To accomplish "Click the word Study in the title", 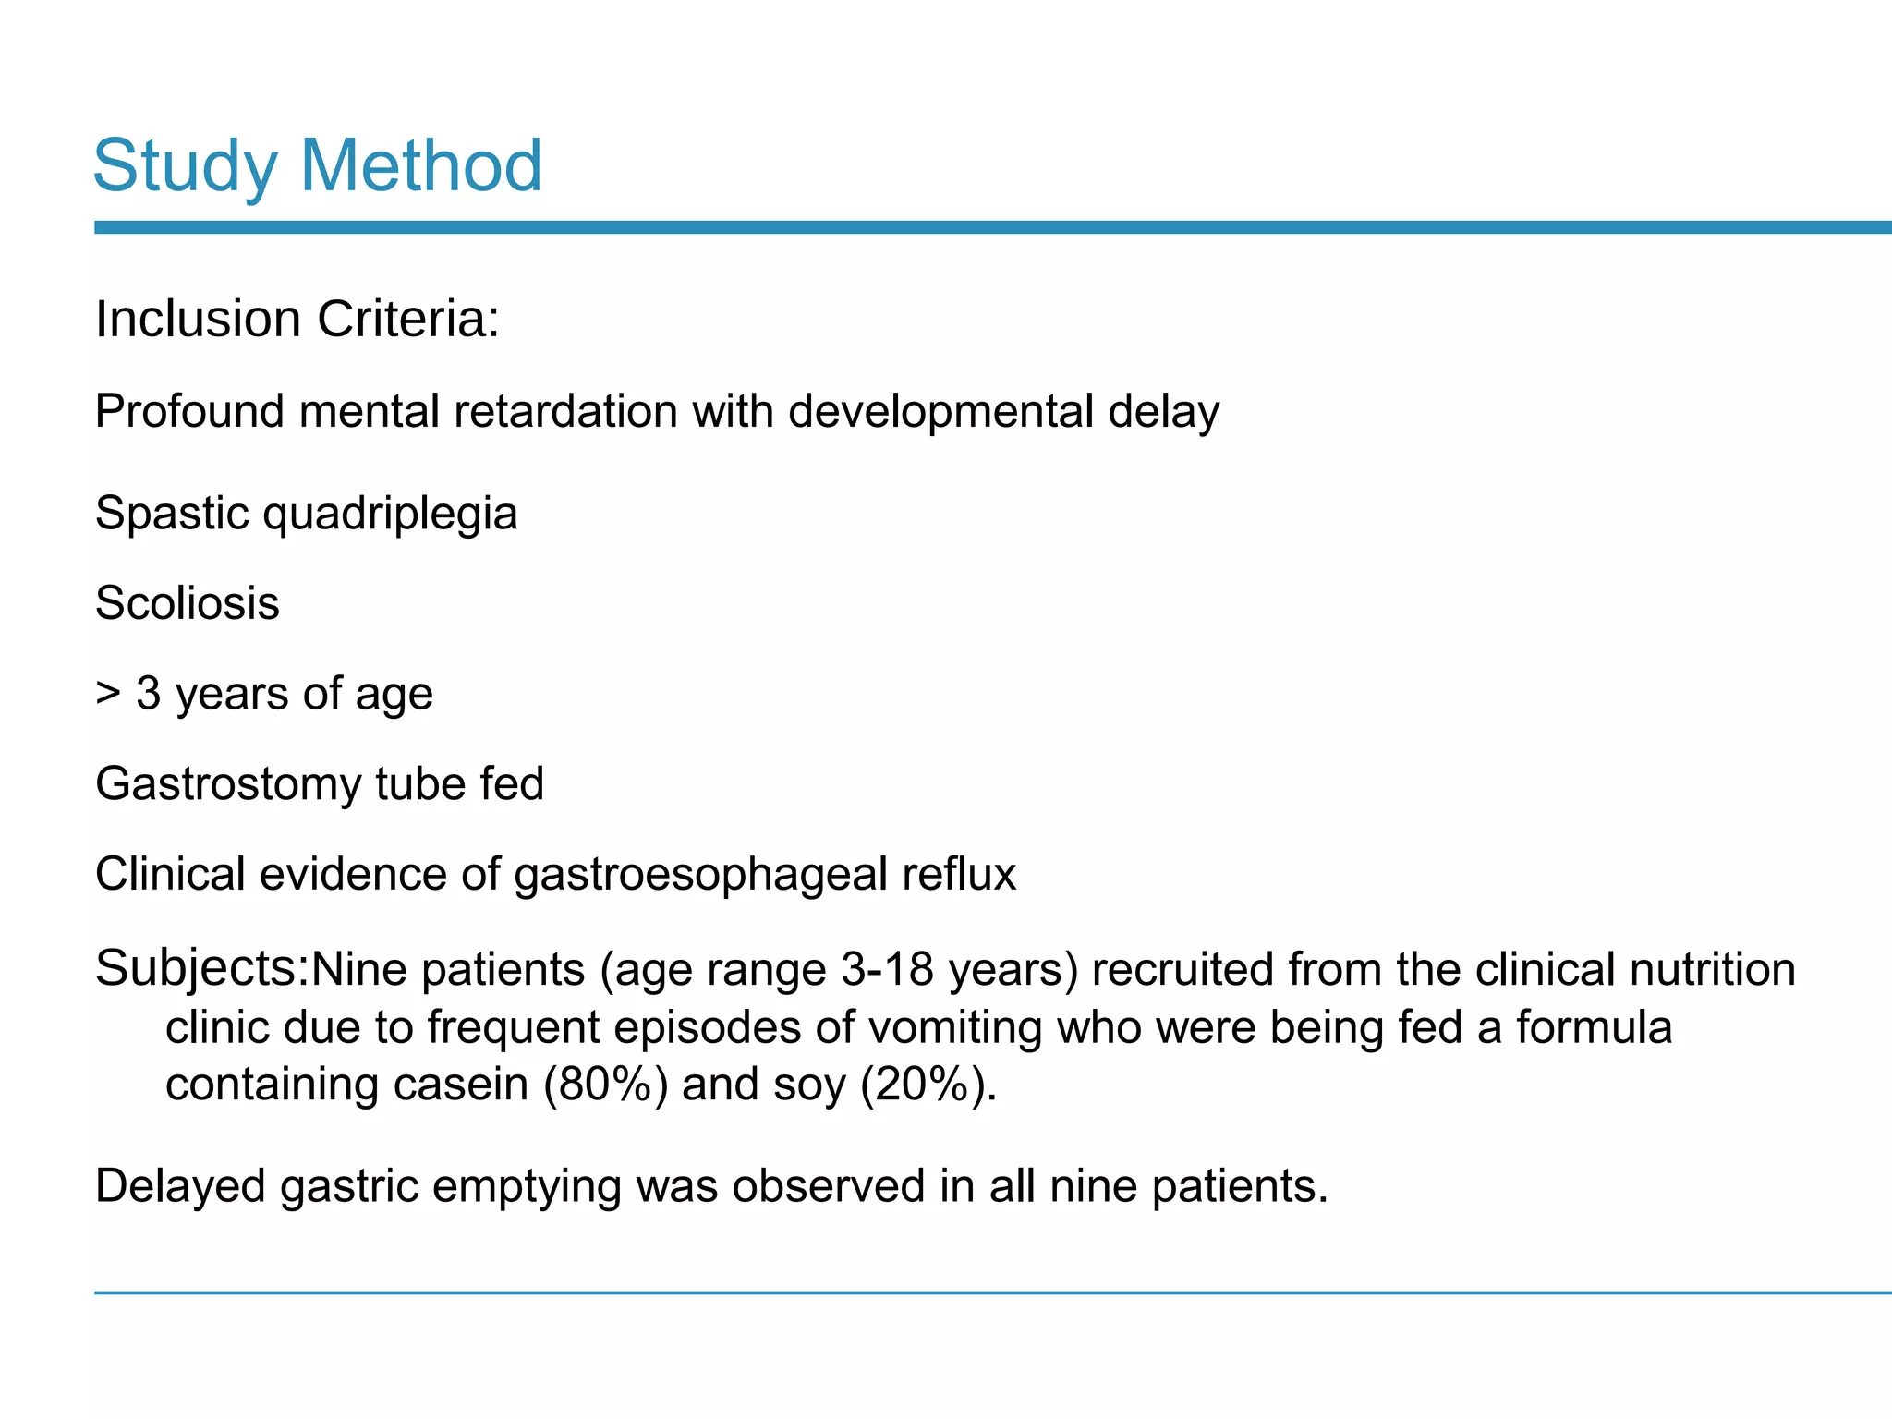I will point(185,167).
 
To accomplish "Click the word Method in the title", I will point(421,165).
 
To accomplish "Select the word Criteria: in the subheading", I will point(407,319).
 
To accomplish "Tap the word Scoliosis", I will point(188,603).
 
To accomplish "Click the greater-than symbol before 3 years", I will point(108,694).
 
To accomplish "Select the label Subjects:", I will point(202,969).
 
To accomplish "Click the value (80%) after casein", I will point(606,1084).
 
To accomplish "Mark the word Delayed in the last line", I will point(181,1187).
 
